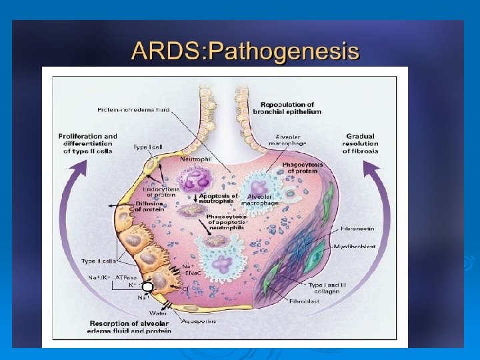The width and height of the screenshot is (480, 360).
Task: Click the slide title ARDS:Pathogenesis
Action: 245,51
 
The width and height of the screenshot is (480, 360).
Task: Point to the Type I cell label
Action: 147,147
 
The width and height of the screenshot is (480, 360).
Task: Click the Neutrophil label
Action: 196,160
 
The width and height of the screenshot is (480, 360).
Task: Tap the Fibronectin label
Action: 357,229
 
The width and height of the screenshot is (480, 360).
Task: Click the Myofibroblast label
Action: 357,247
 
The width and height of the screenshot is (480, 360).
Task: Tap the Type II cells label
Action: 99,261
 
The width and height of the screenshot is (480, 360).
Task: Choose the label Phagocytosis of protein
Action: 303,167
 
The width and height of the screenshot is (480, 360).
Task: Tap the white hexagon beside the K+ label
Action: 148,287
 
